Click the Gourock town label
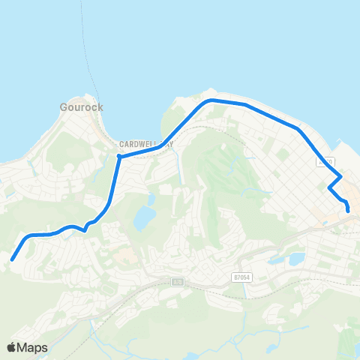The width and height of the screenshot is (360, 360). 81,107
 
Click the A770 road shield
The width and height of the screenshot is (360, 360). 325,161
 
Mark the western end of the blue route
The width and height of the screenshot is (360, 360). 12,260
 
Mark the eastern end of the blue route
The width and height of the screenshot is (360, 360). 349,211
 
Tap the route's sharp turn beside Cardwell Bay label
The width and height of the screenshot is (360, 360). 119,157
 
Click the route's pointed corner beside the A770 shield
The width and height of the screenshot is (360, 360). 342,177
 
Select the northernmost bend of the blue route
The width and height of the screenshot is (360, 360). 211,99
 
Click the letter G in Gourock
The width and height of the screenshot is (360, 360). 64,107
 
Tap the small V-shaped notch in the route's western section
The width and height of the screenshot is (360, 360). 86,229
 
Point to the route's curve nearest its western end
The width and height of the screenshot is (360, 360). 28,238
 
